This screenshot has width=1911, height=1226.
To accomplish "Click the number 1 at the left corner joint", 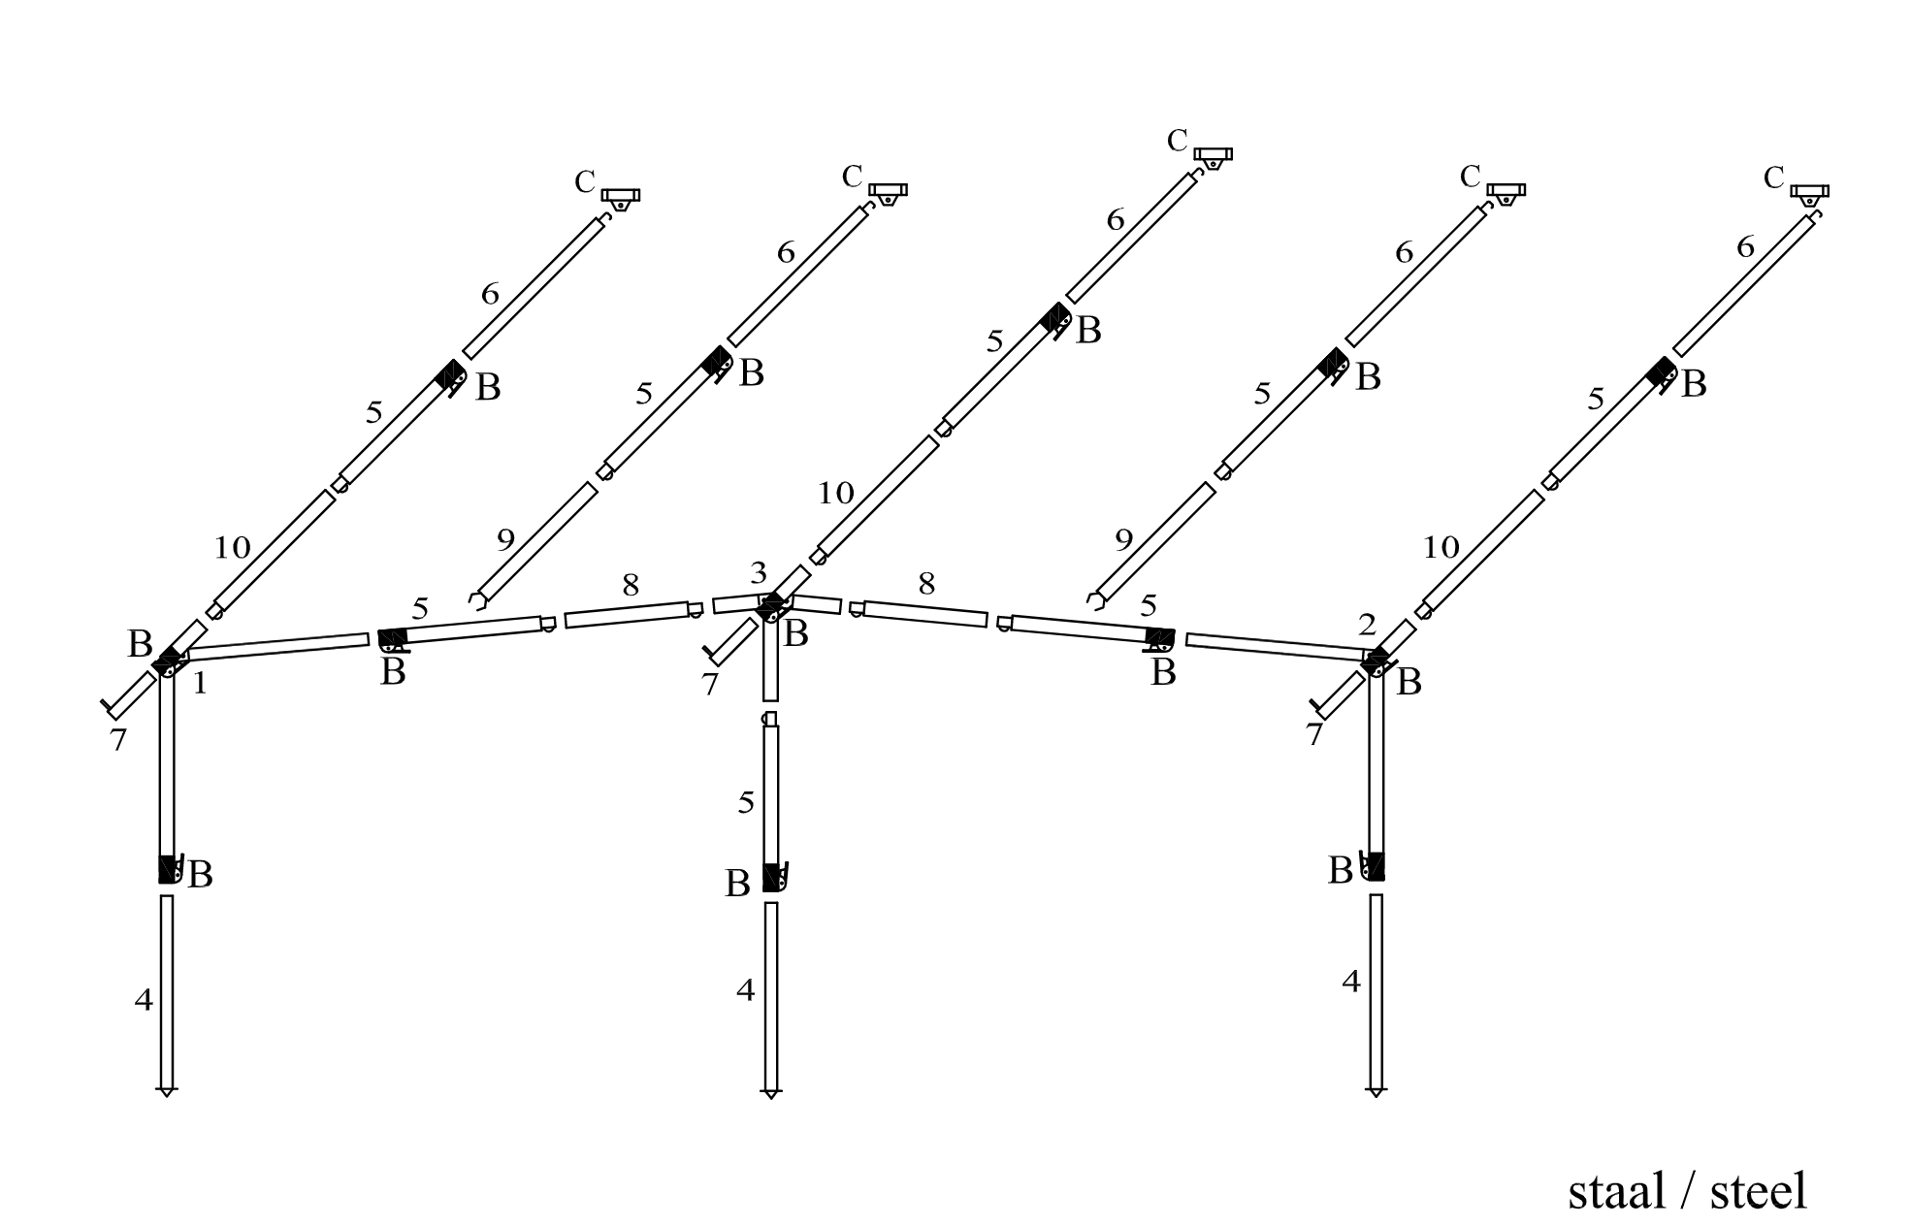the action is (200, 684).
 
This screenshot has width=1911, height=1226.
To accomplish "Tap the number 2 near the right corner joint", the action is (1367, 626).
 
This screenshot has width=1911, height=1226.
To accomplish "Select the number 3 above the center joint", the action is (759, 572).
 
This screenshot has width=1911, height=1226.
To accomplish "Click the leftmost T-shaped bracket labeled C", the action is (620, 198).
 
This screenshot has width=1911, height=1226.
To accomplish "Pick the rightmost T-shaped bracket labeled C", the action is (1809, 194).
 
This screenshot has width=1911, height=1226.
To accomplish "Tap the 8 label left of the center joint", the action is (631, 585).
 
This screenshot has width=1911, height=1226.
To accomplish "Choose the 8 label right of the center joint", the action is (926, 583).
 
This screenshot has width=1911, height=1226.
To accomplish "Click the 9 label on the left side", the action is (505, 539).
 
